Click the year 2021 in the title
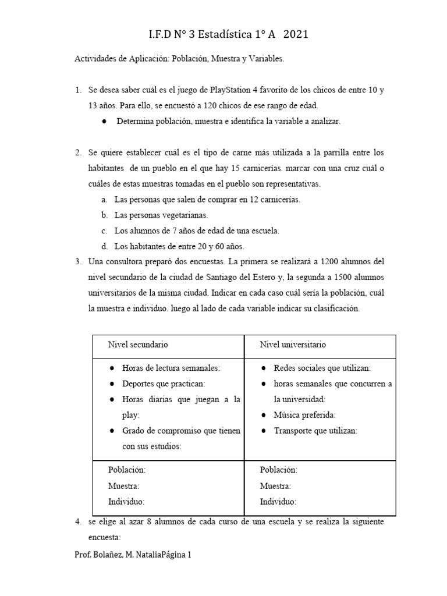(295, 36)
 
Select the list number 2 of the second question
(77, 153)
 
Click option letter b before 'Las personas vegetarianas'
(104, 215)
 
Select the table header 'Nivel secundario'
(138, 345)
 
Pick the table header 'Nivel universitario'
(293, 345)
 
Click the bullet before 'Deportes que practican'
(111, 384)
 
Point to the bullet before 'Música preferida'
(263, 416)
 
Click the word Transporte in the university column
(295, 431)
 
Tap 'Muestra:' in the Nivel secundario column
(123, 486)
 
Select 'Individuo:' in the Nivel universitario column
(278, 502)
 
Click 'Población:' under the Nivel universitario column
(278, 470)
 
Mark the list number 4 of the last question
(77, 523)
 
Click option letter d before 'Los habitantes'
(104, 246)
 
